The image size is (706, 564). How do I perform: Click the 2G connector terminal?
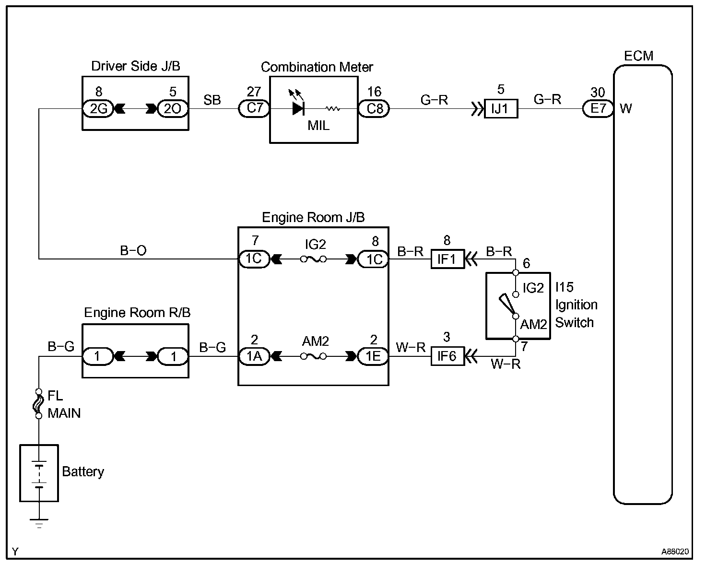point(98,109)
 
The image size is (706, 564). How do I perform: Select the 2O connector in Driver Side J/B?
point(173,109)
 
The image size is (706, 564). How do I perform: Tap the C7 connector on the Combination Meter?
point(254,108)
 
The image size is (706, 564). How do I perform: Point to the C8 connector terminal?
point(374,109)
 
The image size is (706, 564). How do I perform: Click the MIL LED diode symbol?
point(298,109)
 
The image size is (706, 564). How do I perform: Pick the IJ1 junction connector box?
point(500,109)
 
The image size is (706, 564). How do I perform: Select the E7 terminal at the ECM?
point(598,109)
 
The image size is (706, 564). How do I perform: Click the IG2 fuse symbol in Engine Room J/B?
point(314,259)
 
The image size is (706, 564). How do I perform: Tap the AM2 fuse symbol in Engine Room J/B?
point(314,356)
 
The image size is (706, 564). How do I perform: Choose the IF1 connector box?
point(447,259)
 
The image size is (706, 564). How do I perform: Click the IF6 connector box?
point(447,356)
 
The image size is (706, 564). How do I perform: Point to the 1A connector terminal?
point(254,356)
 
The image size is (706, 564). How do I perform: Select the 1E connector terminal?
point(373,356)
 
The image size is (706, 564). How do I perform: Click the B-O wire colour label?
point(133,250)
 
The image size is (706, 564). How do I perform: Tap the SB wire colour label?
point(212,100)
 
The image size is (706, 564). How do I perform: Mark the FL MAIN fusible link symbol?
point(38,404)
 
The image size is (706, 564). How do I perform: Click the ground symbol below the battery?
point(38,522)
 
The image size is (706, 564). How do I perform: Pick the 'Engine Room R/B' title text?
point(137,313)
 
